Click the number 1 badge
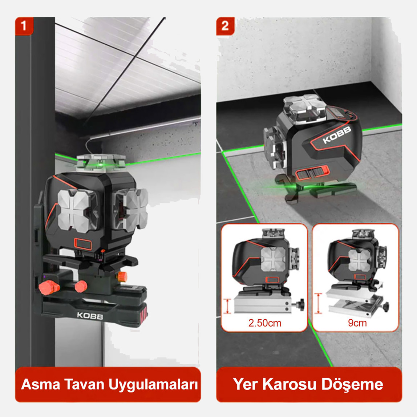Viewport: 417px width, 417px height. (24, 26)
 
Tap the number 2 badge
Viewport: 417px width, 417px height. (225, 26)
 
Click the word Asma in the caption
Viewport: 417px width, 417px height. (40, 384)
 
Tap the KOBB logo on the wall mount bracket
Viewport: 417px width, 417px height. (90, 315)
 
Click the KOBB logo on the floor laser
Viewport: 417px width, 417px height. (337, 135)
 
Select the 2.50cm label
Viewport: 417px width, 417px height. (264, 323)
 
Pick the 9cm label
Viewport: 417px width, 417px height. (357, 323)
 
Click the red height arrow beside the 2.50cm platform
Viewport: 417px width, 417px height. (228, 306)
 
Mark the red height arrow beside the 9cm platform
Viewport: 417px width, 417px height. (319, 303)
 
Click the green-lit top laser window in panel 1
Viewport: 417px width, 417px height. (101, 163)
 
